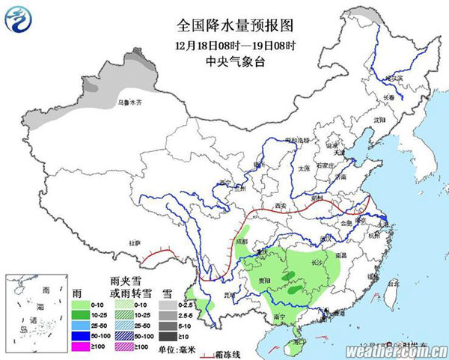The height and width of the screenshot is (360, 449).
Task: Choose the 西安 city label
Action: [x=281, y=204]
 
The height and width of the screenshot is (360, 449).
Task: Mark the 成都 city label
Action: [x=240, y=242]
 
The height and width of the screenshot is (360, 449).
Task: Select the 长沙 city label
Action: [x=317, y=262]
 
